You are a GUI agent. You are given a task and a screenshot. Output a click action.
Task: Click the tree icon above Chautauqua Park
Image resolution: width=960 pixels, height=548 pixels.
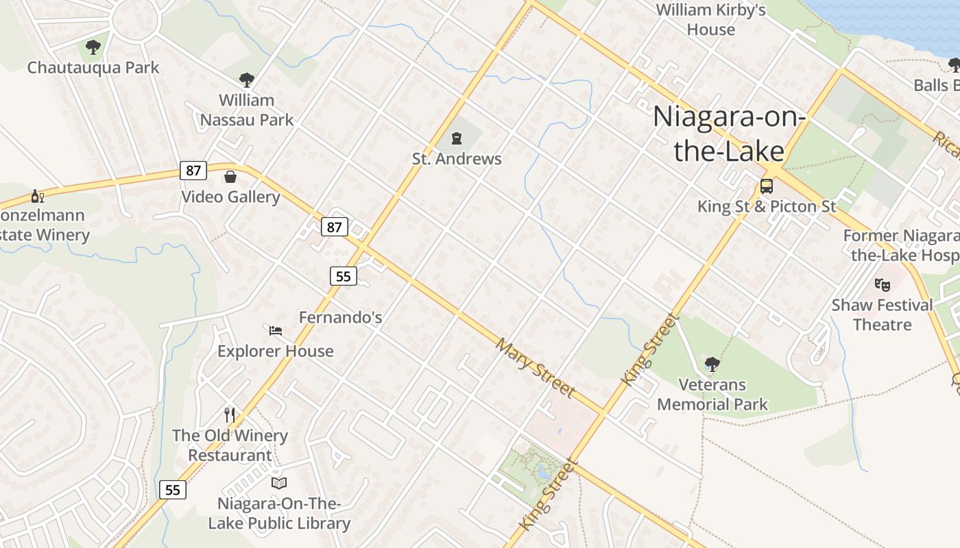coord(93,47)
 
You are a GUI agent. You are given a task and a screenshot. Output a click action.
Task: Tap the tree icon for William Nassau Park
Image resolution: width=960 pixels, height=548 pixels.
coord(246,80)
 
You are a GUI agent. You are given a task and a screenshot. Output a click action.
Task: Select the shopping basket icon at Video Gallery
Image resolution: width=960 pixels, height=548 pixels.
coord(230,177)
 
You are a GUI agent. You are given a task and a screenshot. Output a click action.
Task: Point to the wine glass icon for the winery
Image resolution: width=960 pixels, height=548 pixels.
coord(38,197)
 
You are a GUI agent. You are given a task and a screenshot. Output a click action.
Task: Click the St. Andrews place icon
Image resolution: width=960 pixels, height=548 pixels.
coord(457,139)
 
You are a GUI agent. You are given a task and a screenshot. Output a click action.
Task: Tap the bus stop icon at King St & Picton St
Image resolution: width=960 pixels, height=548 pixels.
coord(767,186)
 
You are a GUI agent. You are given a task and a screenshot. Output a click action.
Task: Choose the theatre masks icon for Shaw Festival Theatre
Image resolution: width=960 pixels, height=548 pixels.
coord(883,284)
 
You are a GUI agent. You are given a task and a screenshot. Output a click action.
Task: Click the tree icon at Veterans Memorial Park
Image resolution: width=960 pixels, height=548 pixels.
coord(712,364)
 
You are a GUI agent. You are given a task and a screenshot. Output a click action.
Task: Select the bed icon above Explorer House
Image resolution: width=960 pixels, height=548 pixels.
coord(276,331)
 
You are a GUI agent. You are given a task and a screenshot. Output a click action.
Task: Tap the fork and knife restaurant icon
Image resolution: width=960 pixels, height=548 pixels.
coord(230,414)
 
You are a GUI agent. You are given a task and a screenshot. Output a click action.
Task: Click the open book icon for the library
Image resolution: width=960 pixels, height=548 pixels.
coord(278,483)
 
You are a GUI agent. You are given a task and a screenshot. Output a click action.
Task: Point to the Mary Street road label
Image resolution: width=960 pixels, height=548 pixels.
coord(535,367)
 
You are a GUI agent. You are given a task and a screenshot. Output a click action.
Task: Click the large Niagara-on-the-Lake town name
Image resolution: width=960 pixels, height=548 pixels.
coord(728,134)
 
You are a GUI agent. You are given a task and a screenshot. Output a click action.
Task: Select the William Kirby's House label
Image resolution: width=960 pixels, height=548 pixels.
coord(710,20)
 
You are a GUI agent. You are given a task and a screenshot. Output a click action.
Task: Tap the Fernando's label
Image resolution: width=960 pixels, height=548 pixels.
coord(340,318)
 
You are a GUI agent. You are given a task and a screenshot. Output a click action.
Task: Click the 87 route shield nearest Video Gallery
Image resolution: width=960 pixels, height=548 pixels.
coord(193,170)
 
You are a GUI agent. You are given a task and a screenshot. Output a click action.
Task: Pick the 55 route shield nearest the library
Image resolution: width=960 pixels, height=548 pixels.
coord(173,490)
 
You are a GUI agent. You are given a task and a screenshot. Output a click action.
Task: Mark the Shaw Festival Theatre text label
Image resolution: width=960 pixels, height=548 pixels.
coord(882,314)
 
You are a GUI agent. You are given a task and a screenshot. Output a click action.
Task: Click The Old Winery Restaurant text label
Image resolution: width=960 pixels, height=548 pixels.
coord(230,445)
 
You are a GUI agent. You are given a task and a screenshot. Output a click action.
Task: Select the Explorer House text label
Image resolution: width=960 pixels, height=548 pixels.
coord(276,351)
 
